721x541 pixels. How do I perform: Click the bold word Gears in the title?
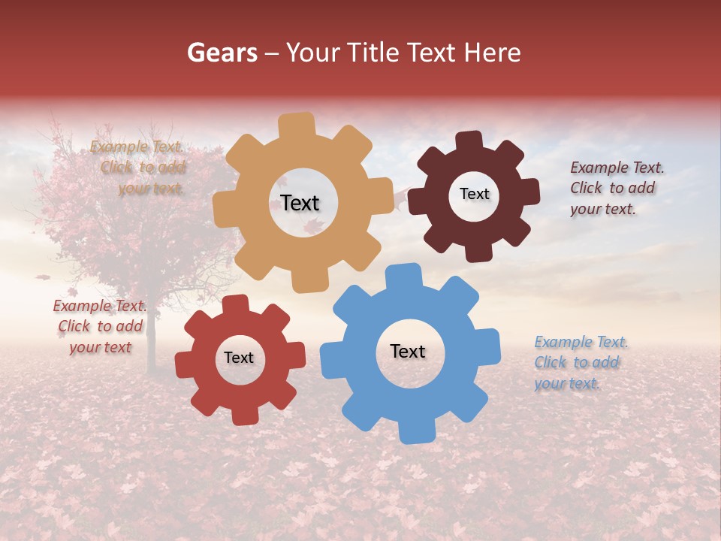click(x=222, y=53)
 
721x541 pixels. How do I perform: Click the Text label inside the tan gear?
click(x=300, y=203)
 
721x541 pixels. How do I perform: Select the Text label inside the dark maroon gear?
click(x=474, y=194)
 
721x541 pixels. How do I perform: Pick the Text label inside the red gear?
click(x=239, y=358)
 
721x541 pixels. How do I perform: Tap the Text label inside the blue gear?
click(x=408, y=352)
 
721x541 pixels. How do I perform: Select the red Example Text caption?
click(x=100, y=326)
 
